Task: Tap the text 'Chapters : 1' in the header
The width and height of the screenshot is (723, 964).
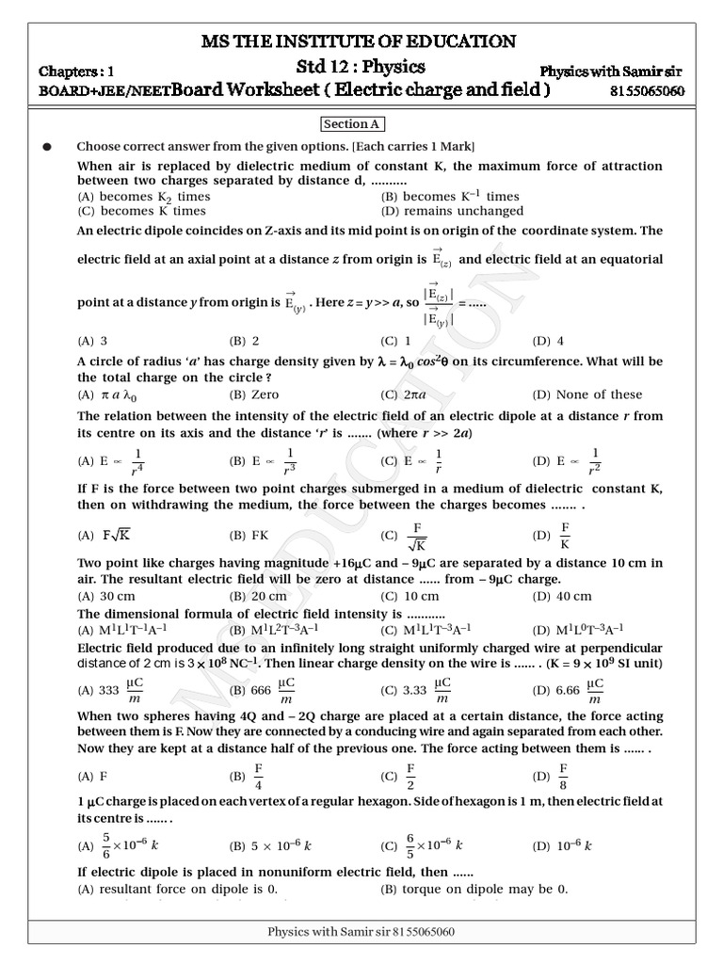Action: pyautogui.click(x=75, y=72)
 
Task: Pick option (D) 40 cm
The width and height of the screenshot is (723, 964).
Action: pyautogui.click(x=562, y=596)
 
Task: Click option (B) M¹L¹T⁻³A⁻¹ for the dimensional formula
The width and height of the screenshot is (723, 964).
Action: pyautogui.click(x=292, y=630)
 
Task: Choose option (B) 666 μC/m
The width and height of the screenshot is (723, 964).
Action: pyautogui.click(x=265, y=689)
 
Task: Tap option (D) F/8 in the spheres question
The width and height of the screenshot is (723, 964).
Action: pyautogui.click(x=555, y=777)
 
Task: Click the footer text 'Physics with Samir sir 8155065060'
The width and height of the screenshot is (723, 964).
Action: pyautogui.click(x=361, y=932)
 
